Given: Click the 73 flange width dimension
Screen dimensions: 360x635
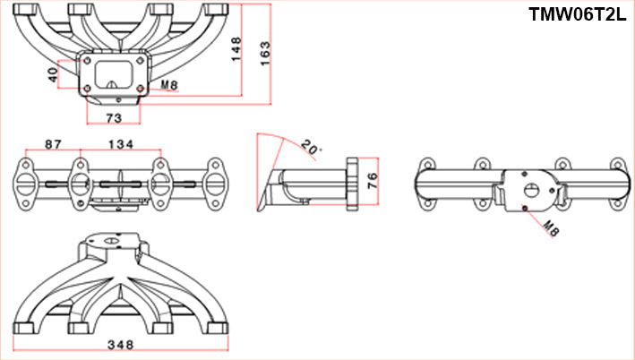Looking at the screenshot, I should tap(114, 117).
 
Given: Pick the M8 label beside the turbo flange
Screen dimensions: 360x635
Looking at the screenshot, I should tap(169, 87).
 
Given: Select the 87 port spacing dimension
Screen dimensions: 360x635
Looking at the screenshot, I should tap(53, 144).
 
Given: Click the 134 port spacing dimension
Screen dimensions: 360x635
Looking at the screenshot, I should tap(121, 144).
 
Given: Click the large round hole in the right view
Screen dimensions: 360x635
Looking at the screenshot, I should tap(532, 190).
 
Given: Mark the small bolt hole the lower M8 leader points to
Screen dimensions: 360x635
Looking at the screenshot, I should tap(524, 209).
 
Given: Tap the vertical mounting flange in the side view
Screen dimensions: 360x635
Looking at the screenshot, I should tap(353, 184).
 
